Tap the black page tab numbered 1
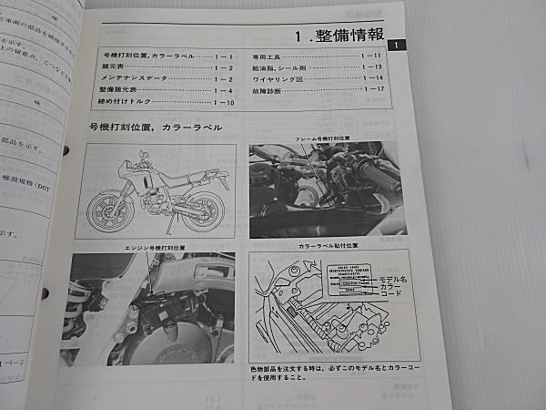[393, 46]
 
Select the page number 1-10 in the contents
[224, 101]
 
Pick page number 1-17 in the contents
[375, 89]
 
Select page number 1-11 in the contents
[371, 56]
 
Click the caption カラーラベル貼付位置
[329, 246]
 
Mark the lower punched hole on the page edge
[45, 292]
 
